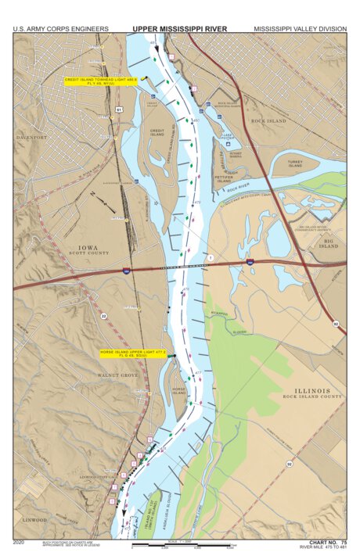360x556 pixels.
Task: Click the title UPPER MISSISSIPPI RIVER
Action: [x=179, y=29]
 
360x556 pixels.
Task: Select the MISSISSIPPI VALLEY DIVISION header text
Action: [x=300, y=29]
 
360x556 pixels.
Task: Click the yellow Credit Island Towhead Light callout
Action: [x=101, y=81]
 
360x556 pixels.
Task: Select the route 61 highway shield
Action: [x=118, y=110]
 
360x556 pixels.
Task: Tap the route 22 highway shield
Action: [x=103, y=316]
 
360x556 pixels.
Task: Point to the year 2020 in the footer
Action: [x=20, y=541]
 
